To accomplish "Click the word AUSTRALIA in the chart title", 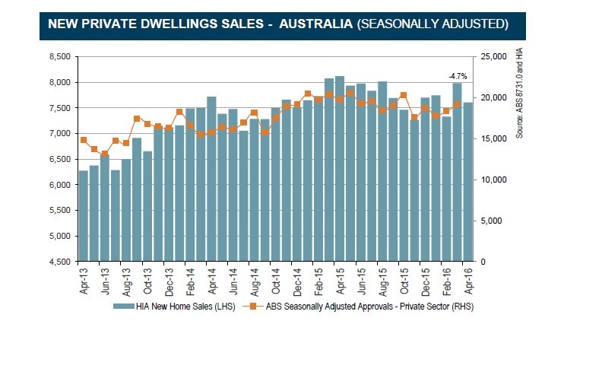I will (x=315, y=24).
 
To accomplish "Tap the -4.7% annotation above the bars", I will (x=457, y=76).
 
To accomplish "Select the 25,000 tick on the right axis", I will (x=493, y=56).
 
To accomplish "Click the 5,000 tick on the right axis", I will (x=491, y=221).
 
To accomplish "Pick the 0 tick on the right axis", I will (x=484, y=262).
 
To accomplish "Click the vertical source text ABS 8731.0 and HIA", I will (x=520, y=91).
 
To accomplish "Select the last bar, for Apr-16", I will (x=467, y=182).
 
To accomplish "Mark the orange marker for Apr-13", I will (x=84, y=140).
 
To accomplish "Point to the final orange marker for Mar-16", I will (x=457, y=105).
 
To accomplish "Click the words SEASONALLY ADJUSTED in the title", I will (x=433, y=24).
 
